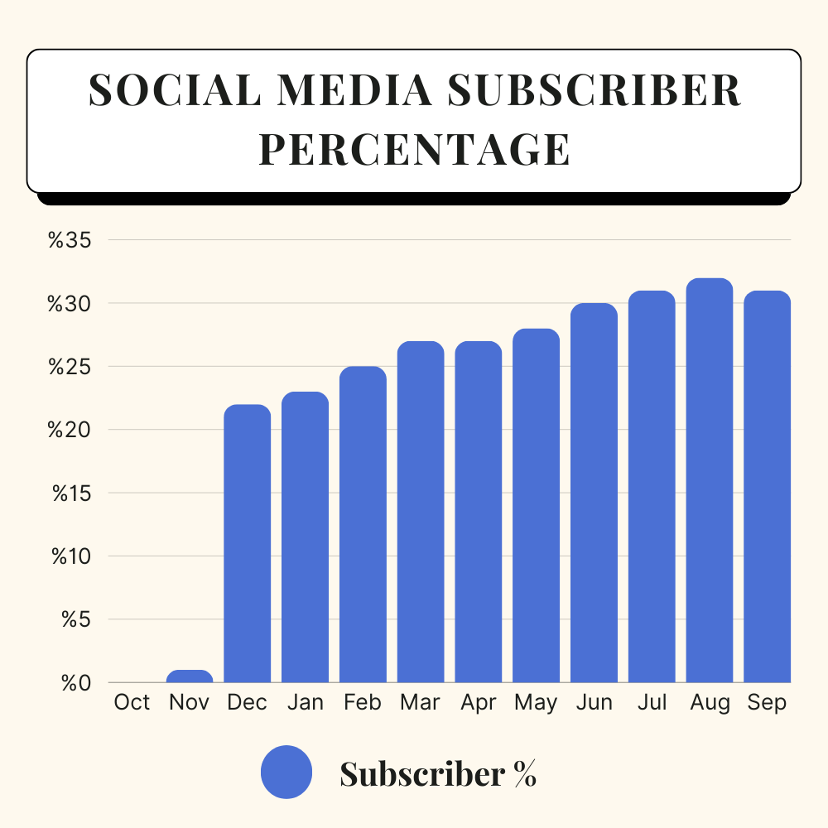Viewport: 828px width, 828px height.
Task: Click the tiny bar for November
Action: [x=190, y=676]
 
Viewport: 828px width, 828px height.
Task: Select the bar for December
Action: [x=248, y=543]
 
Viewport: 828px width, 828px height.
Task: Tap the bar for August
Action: [x=710, y=480]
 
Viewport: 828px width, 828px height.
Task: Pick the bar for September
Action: [x=767, y=487]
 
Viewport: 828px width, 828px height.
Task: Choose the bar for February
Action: [x=363, y=524]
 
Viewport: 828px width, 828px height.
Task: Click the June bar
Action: [x=594, y=493]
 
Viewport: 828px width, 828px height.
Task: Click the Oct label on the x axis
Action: [x=132, y=703]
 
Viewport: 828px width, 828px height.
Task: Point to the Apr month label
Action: [x=478, y=703]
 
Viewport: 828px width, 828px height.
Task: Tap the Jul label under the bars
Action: [x=652, y=703]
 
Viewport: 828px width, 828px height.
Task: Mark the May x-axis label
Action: [x=536, y=703]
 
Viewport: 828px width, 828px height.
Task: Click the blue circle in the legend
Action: [x=286, y=773]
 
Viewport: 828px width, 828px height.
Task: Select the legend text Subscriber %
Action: [x=438, y=773]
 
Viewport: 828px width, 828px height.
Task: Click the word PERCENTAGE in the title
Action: [x=414, y=149]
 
